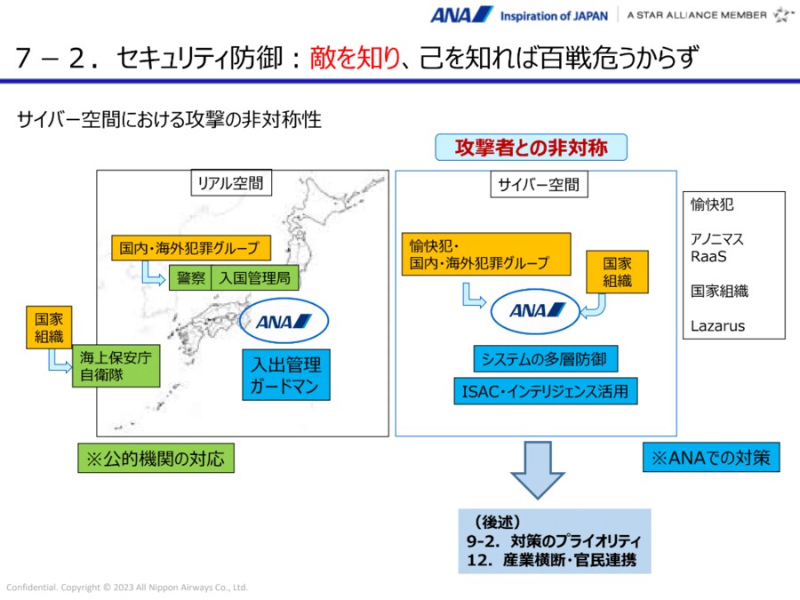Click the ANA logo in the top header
[x=461, y=14]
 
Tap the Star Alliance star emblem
[x=782, y=14]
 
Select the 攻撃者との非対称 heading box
[x=531, y=148]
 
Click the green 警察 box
[x=191, y=277]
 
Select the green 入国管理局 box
[x=255, y=277]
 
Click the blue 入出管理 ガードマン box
[x=285, y=375]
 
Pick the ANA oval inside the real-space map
[x=284, y=322]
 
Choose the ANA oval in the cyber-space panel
[x=537, y=310]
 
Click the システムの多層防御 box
[x=544, y=359]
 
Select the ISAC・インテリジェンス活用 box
[x=544, y=390]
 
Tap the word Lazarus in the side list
[x=718, y=325]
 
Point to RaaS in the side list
[x=708, y=257]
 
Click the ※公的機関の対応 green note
[x=156, y=459]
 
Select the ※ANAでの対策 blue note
[x=711, y=459]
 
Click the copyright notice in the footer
[x=127, y=588]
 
